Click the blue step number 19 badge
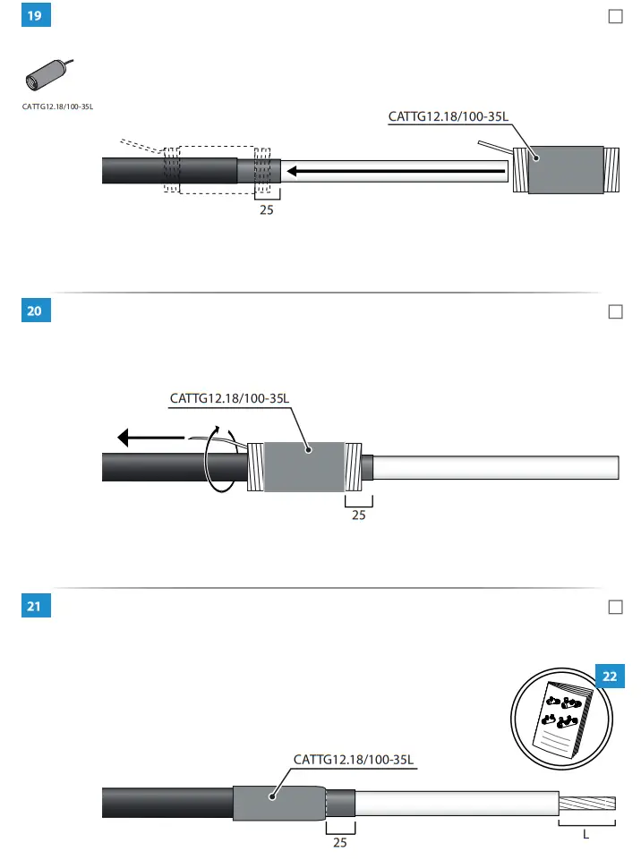(35, 16)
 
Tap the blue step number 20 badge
(35, 311)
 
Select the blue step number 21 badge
(35, 607)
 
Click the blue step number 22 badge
(610, 677)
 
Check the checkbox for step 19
(615, 16)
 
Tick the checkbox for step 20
(615, 311)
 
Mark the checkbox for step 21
(615, 607)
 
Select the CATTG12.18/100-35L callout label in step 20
(230, 398)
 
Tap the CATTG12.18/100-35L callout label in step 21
(354, 760)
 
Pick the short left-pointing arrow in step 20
(150, 439)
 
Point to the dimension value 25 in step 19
(267, 211)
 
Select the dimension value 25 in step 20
(358, 515)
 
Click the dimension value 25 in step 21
(339, 842)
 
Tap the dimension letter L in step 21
(586, 835)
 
